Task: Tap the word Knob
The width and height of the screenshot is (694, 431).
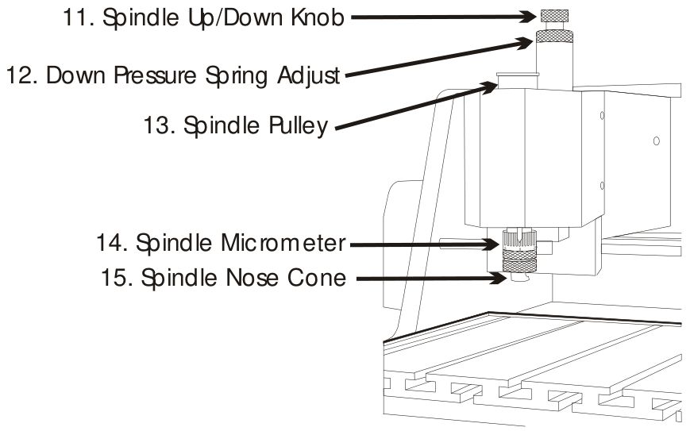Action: pos(318,17)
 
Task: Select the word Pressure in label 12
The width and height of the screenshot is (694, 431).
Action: pos(155,75)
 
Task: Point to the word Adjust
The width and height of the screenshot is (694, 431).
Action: pos(309,76)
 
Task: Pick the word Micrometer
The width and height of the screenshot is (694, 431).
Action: pos(283,243)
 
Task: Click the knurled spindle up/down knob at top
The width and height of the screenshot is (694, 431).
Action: pos(554,17)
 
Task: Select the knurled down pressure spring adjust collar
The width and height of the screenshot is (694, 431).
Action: pos(554,37)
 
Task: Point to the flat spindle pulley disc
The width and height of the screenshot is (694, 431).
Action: pos(517,75)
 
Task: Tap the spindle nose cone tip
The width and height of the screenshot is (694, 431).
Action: pos(519,277)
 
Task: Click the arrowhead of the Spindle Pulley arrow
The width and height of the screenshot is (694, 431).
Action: pos(491,87)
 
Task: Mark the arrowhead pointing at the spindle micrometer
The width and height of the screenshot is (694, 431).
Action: pos(492,244)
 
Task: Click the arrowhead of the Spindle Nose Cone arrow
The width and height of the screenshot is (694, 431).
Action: pos(499,279)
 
